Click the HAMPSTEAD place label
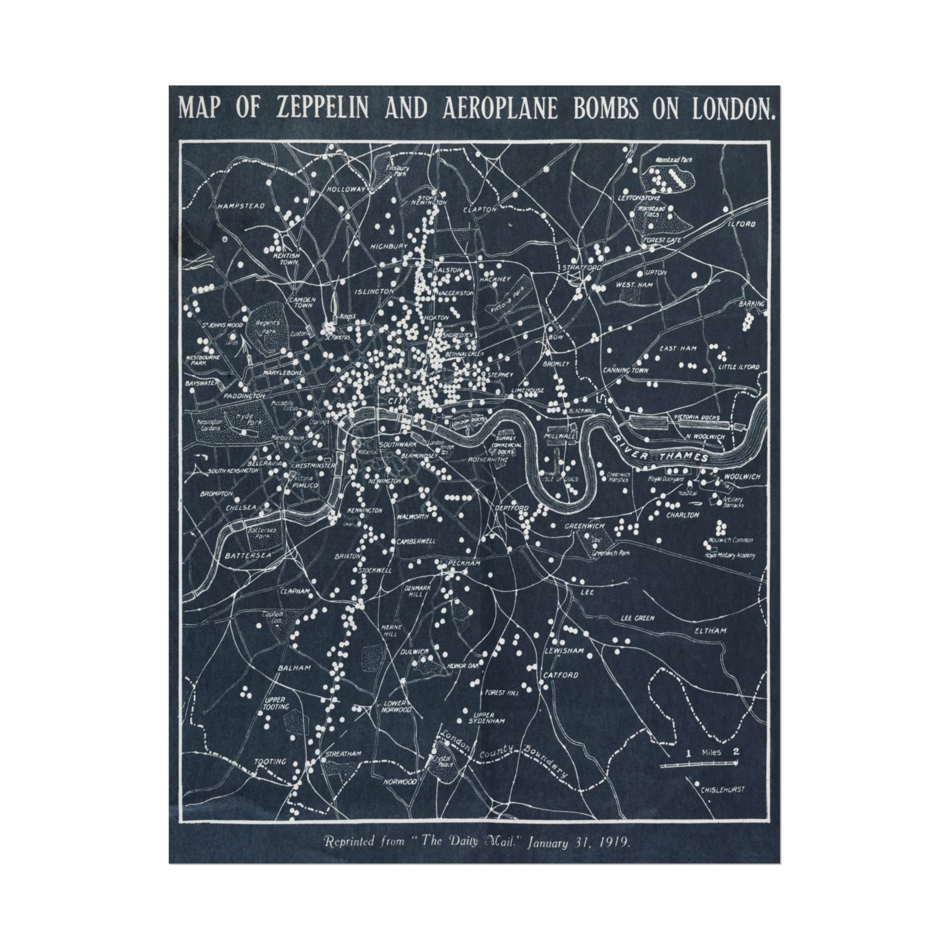pyautogui.click(x=241, y=206)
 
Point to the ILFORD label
pyautogui.click(x=742, y=224)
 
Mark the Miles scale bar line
pyautogui.click(x=698, y=764)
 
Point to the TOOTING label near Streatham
pyautogui.click(x=270, y=762)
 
